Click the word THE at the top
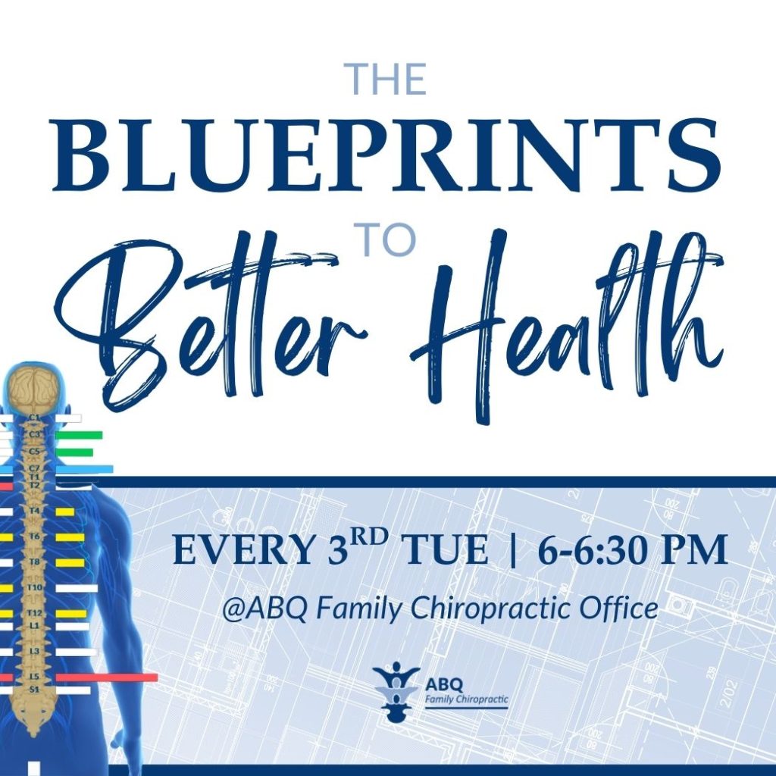tap(387, 79)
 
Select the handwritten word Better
tap(213, 324)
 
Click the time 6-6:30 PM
tap(633, 550)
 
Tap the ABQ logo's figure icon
tap(396, 691)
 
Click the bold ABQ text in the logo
tap(444, 685)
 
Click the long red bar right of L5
tap(106, 677)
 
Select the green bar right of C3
tap(79, 435)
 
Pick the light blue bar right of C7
tap(84, 468)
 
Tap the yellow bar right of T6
tap(70, 537)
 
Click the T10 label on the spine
tap(34, 587)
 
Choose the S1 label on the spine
tap(34, 689)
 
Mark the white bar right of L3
tap(77, 652)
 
